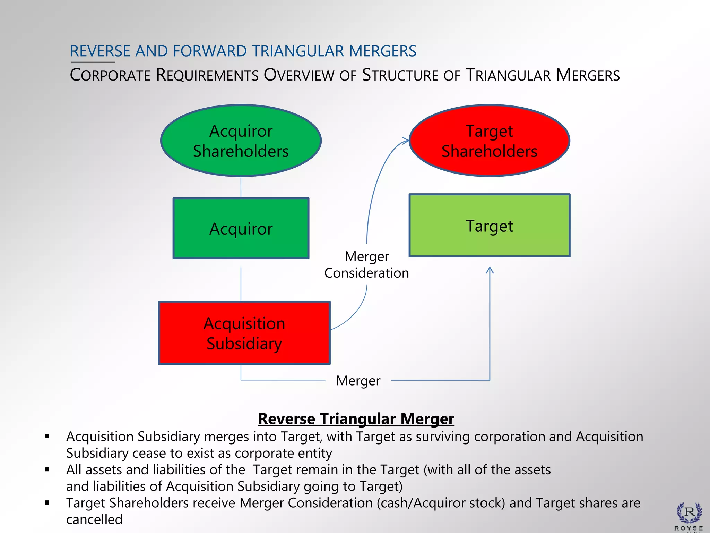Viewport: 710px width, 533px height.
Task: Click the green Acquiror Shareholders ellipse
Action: click(x=241, y=141)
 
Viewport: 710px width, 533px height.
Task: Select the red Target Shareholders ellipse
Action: click(x=489, y=141)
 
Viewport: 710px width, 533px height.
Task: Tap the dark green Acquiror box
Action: click(x=241, y=228)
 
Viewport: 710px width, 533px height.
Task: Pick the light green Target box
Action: click(x=489, y=226)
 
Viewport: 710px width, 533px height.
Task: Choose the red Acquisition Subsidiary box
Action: click(x=244, y=333)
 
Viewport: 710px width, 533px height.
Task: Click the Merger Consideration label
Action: click(x=366, y=264)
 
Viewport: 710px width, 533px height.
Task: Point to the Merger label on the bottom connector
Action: click(x=358, y=381)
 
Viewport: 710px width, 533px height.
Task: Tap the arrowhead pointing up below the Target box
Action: click(x=490, y=270)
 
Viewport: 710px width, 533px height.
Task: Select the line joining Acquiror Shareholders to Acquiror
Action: click(x=241, y=187)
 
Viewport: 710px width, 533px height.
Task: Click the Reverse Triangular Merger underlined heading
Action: click(x=356, y=419)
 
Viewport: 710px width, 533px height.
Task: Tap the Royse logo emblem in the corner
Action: click(x=689, y=513)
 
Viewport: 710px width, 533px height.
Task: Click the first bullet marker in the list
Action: click(x=47, y=437)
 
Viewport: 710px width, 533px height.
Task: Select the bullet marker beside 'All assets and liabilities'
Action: click(x=47, y=470)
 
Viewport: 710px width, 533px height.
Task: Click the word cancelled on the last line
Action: click(x=94, y=519)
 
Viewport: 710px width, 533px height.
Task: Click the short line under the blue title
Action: click(x=93, y=62)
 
